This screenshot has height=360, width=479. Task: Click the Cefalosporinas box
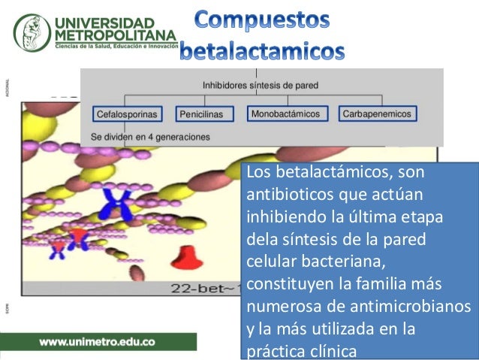(x=126, y=115)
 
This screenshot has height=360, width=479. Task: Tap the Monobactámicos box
(x=285, y=114)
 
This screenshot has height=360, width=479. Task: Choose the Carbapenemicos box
(x=376, y=114)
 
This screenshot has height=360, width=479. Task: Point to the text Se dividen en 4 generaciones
(x=150, y=138)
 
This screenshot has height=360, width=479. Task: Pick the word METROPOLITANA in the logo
(x=115, y=35)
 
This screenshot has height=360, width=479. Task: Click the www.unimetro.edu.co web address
(x=98, y=340)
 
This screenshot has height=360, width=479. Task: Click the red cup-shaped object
(x=184, y=260)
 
